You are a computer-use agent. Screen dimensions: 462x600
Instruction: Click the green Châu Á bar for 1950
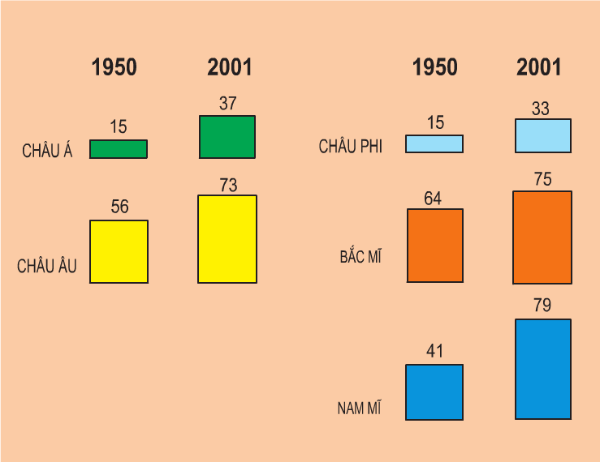119,149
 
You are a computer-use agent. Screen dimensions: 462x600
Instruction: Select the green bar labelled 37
227,136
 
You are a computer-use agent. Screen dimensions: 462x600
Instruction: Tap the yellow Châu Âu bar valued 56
119,251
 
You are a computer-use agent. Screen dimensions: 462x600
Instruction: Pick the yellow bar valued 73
227,238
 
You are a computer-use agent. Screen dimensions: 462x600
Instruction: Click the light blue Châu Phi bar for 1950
434,143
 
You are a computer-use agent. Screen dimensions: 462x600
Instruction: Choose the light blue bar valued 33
543,135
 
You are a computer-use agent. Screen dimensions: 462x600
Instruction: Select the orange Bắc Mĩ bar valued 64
435,245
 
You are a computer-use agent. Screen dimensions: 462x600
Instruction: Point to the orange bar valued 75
542,237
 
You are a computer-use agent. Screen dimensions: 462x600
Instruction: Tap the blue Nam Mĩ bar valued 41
434,391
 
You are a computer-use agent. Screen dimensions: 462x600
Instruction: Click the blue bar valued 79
543,369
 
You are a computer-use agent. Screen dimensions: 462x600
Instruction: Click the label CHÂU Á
47,152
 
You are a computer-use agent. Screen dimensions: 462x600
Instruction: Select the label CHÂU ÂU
47,266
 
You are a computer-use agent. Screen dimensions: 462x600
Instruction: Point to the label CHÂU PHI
351,147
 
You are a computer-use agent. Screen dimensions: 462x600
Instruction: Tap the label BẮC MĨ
360,258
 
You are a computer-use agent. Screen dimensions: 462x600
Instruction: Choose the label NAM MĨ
360,408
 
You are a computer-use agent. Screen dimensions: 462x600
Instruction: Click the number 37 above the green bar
227,104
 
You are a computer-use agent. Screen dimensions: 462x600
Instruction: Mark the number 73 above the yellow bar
228,186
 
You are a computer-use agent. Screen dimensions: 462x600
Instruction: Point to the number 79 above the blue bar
542,306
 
